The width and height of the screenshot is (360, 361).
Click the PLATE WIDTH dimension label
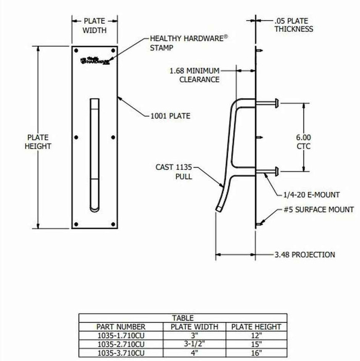coord(95,25)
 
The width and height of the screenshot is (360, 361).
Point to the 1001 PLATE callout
coord(170,116)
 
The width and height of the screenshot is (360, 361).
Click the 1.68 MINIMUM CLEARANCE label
coord(194,75)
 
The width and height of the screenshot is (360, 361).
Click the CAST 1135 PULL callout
coord(174,171)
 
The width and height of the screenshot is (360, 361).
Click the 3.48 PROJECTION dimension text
coord(305,254)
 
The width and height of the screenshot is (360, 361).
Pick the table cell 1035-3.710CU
coord(121,353)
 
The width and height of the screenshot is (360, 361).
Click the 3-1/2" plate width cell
coord(194,344)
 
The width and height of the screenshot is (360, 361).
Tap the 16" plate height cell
coord(256,353)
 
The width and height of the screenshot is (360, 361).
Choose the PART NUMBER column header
coord(121,326)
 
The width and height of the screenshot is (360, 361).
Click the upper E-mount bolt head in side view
coord(277,103)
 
